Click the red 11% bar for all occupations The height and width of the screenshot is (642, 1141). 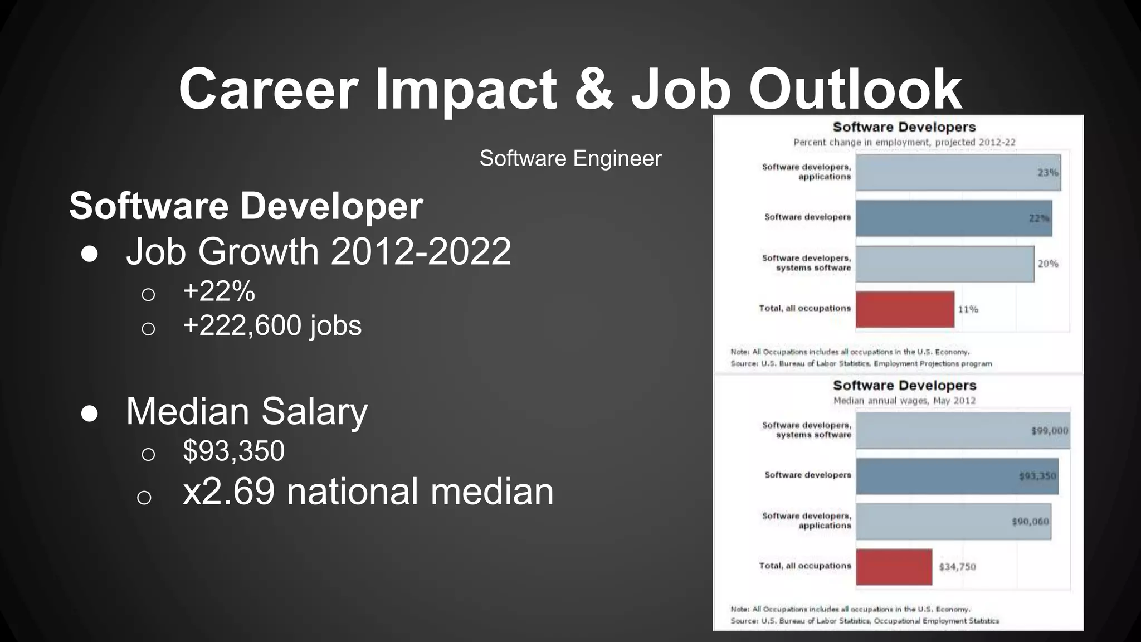(905, 309)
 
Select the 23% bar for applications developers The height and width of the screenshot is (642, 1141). (958, 173)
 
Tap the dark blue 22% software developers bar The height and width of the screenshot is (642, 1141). (954, 218)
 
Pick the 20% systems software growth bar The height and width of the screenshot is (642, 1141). (945, 264)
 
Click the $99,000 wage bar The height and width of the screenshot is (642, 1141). (963, 431)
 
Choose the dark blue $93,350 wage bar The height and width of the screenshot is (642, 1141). (957, 476)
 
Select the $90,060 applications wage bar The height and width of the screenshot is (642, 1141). (953, 522)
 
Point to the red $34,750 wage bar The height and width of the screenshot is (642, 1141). (894, 567)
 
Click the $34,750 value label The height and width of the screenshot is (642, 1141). (957, 567)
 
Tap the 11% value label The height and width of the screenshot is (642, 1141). (968, 309)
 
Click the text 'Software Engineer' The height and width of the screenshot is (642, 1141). (570, 159)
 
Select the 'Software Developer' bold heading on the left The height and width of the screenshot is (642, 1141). (246, 206)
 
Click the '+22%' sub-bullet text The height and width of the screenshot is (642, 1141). (219, 291)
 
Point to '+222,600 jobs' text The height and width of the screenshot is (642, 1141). (272, 325)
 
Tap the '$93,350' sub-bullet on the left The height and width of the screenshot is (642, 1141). (233, 451)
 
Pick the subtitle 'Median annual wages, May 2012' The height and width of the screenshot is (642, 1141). (904, 401)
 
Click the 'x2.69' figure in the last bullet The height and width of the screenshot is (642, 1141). (228, 492)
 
